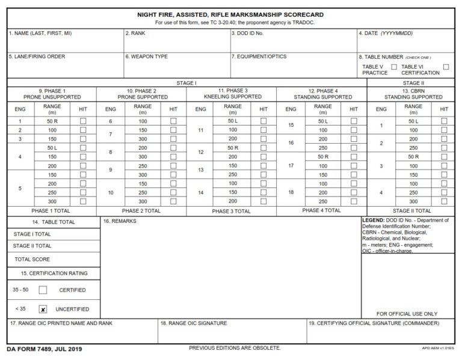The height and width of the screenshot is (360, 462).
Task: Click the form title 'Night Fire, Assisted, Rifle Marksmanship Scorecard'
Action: click(x=231, y=14)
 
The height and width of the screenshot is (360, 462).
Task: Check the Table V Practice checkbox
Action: click(x=394, y=67)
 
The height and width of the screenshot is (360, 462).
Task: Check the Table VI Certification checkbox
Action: click(x=446, y=67)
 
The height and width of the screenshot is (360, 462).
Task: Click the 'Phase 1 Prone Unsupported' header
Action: click(x=52, y=94)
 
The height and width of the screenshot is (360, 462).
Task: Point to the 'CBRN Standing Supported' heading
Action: click(x=413, y=94)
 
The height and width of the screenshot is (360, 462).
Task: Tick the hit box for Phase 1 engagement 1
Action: click(x=83, y=121)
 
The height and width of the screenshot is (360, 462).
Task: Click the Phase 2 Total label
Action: click(x=141, y=211)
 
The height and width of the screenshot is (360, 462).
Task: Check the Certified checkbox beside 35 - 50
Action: click(x=43, y=290)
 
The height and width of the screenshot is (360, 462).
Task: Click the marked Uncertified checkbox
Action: click(x=43, y=310)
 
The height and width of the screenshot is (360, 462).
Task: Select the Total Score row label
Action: click(x=32, y=259)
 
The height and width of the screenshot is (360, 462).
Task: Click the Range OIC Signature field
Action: click(x=232, y=332)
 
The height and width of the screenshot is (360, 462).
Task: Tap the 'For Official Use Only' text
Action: click(x=407, y=314)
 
